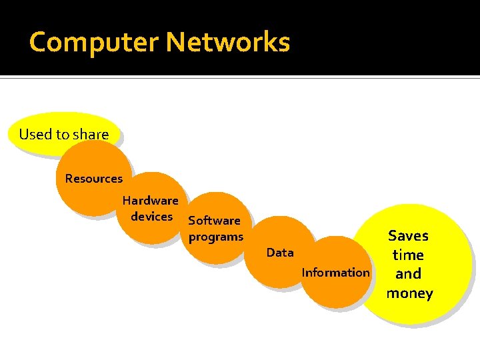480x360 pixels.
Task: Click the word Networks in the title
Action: pos(228,42)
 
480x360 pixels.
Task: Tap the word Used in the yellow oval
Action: pos(35,134)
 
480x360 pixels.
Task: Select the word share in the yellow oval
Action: pos(91,134)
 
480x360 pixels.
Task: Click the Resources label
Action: pos(94,179)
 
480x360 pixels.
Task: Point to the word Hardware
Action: pos(150,201)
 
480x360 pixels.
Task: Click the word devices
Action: pos(151,217)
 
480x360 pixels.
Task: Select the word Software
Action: pos(214,221)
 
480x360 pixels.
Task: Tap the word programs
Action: pos(216,237)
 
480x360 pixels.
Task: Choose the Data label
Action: pos(280,253)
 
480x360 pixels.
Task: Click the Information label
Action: pos(335,272)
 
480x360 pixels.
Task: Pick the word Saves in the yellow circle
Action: pos(408,235)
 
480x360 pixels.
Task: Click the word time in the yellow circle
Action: pos(408,255)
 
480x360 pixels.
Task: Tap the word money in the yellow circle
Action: pos(409,293)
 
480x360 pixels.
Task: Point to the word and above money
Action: pos(408,274)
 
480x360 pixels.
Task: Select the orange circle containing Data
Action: pos(279,267)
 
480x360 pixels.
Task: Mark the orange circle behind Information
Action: pos(333,290)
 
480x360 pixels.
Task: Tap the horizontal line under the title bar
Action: pos(240,78)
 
